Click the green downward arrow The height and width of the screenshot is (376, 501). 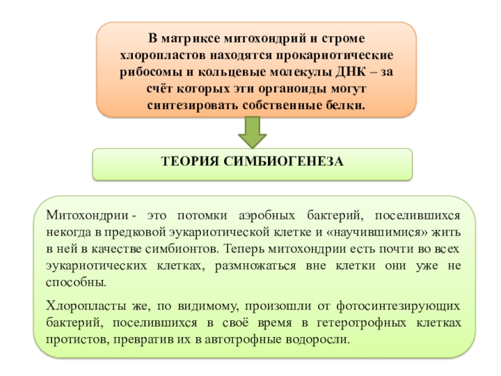(x=252, y=132)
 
